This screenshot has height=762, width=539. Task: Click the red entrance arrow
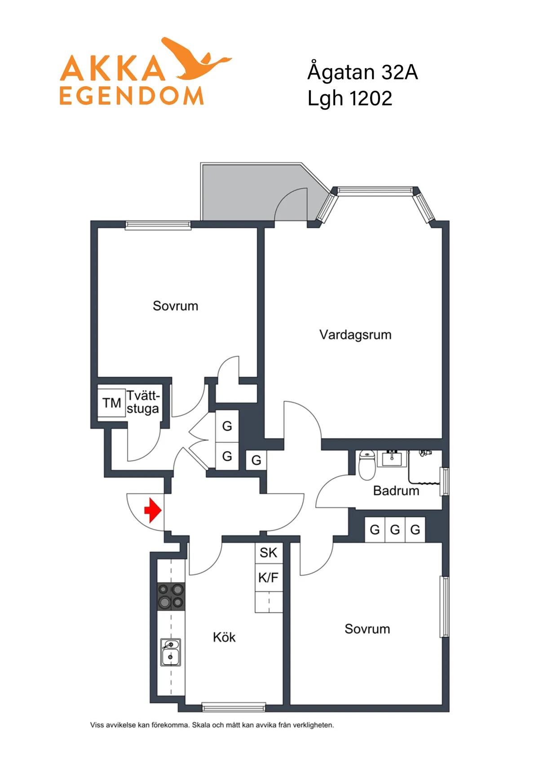153,510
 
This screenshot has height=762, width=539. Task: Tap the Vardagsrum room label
355,335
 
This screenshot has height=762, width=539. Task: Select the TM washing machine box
112,403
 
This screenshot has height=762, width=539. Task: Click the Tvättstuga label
143,402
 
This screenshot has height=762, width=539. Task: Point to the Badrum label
396,491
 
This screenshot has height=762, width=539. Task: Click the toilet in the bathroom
367,465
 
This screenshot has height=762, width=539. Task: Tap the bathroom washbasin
392,459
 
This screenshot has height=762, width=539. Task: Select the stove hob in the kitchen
171,596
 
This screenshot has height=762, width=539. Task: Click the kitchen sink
171,652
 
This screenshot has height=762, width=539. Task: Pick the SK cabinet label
269,553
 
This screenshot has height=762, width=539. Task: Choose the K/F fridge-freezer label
269,577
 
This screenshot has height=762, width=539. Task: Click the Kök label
224,637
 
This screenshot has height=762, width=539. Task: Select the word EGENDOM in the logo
132,96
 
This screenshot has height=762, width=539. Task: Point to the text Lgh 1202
349,98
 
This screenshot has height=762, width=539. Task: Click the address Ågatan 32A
362,72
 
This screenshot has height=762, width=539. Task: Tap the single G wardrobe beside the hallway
256,460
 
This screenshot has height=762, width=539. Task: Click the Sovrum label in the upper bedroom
175,306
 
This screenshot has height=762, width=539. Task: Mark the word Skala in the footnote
201,725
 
